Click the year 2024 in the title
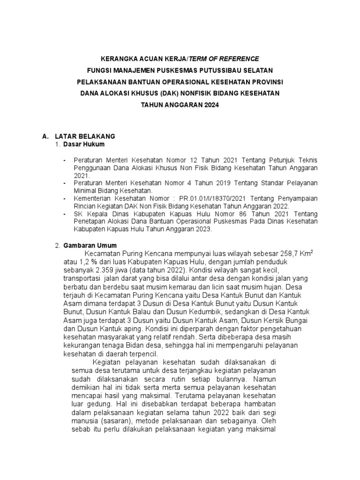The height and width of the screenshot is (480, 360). [210, 105]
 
